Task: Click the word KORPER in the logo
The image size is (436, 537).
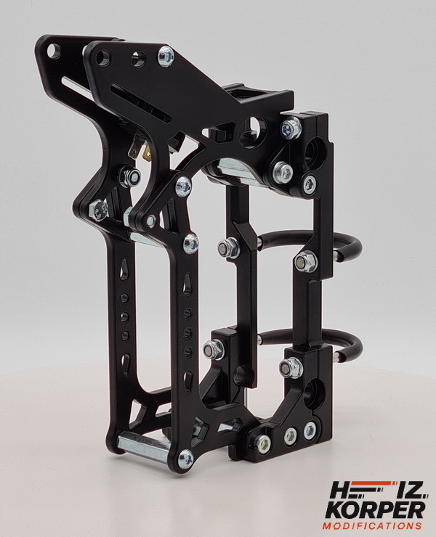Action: (x=375, y=510)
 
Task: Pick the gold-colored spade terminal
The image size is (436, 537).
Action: (x=148, y=155)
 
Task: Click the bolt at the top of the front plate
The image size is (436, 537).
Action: (x=166, y=56)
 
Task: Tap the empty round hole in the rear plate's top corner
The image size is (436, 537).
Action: (x=54, y=51)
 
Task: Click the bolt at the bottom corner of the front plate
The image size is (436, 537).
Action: (x=186, y=458)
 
